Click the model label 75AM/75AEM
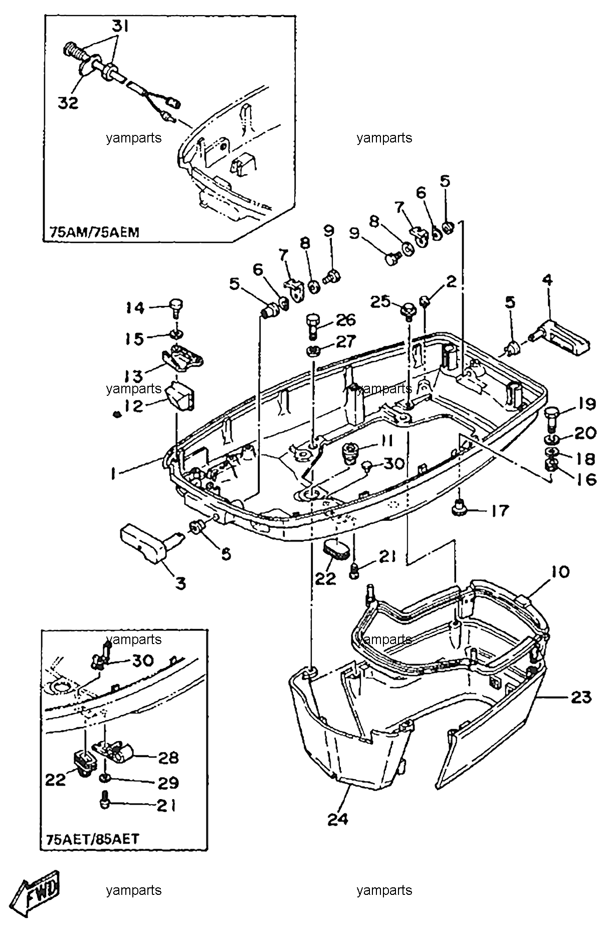pyautogui.click(x=94, y=232)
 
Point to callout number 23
pyautogui.click(x=581, y=697)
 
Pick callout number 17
pyautogui.click(x=499, y=511)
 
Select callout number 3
pyautogui.click(x=180, y=583)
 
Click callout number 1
pyautogui.click(x=114, y=474)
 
